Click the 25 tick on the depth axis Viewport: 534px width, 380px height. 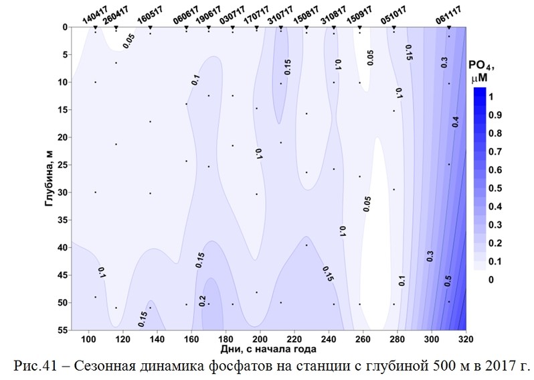pos(60,165)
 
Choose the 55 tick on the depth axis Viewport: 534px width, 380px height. pos(60,330)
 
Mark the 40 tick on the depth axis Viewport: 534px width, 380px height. pos(60,247)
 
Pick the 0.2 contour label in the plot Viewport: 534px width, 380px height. pos(203,300)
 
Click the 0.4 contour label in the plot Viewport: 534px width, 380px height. pos(455,123)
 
